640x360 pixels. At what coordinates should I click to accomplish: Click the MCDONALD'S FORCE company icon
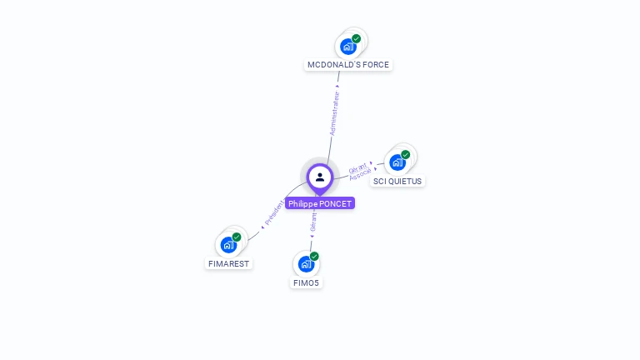[347, 47]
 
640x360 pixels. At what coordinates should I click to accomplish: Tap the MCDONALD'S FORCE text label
[348, 65]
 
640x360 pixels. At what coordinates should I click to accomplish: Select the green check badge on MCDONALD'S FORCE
[356, 39]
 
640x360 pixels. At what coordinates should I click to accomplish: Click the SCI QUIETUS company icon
[397, 162]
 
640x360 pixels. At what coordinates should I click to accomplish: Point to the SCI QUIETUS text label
[398, 181]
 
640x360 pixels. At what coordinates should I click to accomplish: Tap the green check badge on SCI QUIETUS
[405, 155]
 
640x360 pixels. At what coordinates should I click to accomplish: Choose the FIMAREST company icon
[228, 245]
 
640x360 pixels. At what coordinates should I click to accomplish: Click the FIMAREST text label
[228, 263]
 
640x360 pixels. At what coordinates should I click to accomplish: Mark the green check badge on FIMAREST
[237, 237]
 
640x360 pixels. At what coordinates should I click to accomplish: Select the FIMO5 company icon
[306, 264]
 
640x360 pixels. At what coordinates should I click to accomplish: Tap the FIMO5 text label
[306, 282]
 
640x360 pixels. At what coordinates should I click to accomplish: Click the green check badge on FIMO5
[314, 257]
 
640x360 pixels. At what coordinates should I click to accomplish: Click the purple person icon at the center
[320, 177]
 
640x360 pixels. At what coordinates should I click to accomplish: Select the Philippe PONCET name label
[320, 203]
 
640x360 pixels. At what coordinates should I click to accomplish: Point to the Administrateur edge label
[334, 113]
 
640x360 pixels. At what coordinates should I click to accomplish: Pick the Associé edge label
[361, 174]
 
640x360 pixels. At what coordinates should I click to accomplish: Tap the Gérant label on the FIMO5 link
[313, 222]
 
